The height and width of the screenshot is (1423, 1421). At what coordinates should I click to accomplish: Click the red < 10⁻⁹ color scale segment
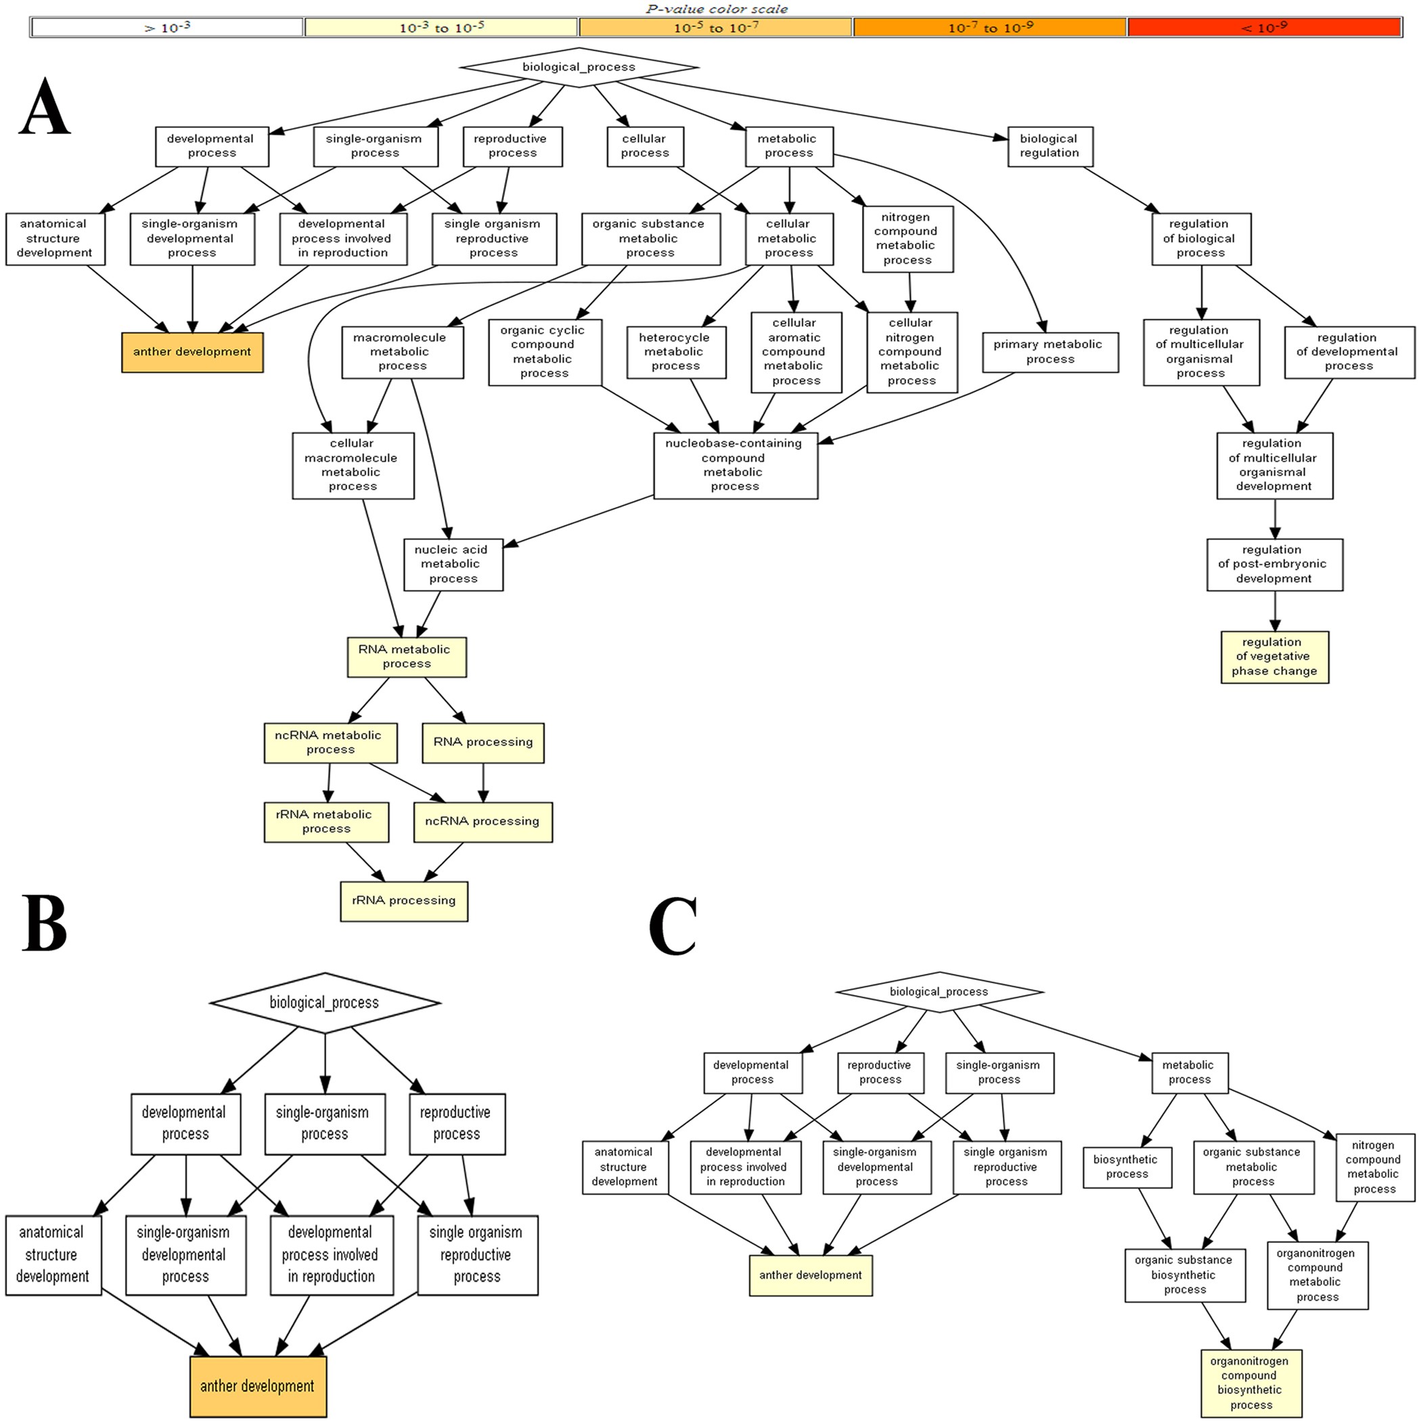coord(1263,27)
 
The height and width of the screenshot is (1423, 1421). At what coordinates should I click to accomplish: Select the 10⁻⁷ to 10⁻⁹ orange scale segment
coord(989,27)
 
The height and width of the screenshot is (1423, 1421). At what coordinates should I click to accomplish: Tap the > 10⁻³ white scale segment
coord(167,27)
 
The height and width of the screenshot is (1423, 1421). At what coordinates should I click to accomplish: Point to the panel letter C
coord(672,927)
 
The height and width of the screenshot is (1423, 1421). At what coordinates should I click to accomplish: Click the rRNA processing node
coord(403,901)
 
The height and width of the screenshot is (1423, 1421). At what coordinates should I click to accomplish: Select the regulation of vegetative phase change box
coord(1274,656)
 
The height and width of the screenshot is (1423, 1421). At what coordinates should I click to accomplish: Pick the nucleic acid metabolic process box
coord(453,564)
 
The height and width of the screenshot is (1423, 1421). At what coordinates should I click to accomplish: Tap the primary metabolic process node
coord(1050,352)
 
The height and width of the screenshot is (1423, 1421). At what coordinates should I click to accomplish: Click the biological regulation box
coord(1050,146)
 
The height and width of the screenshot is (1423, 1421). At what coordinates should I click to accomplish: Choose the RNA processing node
coord(483,743)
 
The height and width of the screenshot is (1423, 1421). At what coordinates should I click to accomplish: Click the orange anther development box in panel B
coord(258,1386)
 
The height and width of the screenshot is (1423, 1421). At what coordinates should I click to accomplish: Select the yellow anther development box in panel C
coord(811,1275)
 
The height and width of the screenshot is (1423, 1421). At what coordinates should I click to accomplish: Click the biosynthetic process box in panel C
coord(1127,1166)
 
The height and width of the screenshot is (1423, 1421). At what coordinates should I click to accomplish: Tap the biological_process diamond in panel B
coord(325,1003)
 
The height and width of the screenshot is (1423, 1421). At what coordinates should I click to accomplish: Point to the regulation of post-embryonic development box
coord(1273,564)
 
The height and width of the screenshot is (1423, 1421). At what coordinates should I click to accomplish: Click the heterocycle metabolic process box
coord(676,352)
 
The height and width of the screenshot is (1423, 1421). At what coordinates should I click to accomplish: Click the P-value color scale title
coord(717,9)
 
